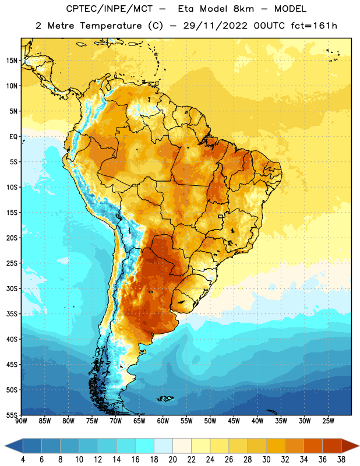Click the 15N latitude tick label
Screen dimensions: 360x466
(12, 61)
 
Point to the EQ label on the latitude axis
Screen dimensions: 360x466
(13, 137)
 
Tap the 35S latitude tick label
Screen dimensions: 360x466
(12, 314)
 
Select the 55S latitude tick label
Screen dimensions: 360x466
(12, 415)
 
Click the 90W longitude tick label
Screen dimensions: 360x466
(21, 421)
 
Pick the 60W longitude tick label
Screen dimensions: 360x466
(163, 421)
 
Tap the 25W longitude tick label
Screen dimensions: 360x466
(328, 421)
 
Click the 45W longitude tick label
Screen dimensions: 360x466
(234, 421)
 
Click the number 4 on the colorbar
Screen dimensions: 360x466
(23, 460)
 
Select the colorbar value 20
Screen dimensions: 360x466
(172, 460)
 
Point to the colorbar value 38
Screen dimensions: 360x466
(341, 460)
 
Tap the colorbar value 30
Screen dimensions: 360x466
(266, 460)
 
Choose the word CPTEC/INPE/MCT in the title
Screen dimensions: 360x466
(109, 9)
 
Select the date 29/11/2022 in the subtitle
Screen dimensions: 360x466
(215, 26)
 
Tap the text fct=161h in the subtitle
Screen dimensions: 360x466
(314, 26)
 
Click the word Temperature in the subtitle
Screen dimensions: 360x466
(111, 26)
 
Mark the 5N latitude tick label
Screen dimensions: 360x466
(13, 111)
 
